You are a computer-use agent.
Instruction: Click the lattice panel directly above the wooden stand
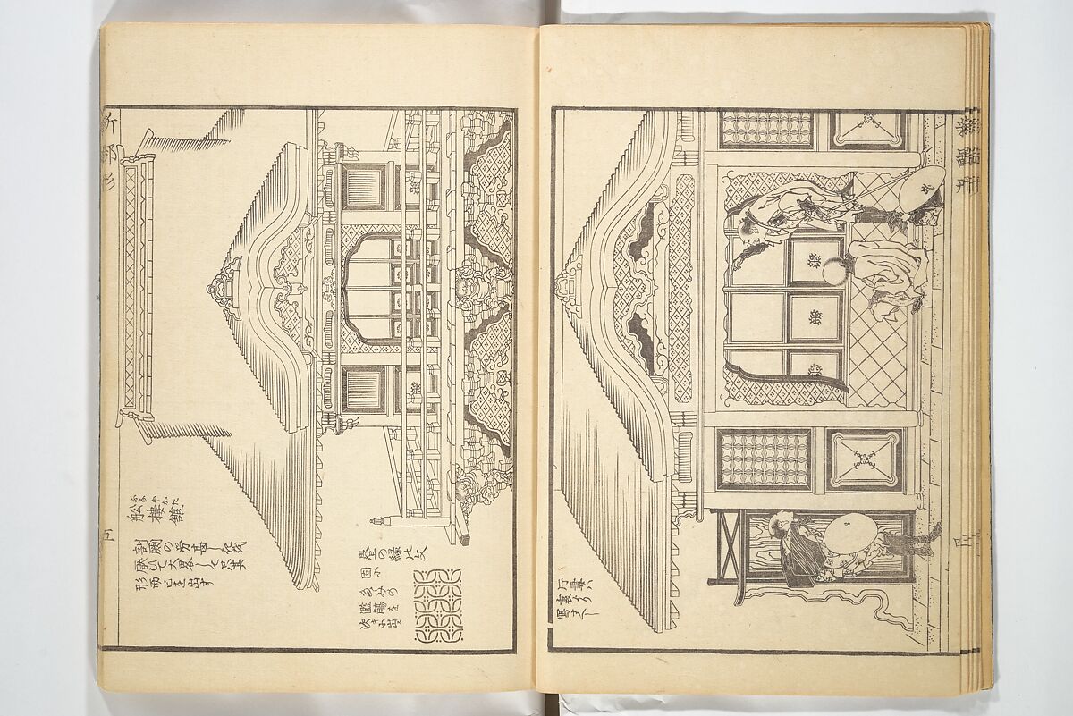pos(764,459)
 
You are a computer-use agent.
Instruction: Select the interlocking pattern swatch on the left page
pos(438,605)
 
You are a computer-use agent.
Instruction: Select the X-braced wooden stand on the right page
pos(729,547)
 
